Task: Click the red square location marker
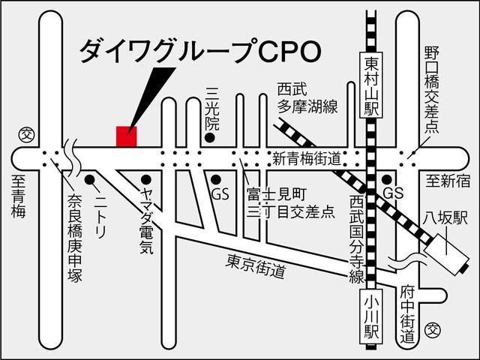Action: [x=127, y=136]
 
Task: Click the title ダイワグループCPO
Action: [x=201, y=50]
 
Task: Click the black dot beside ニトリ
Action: [x=90, y=179]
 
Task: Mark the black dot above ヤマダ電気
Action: [x=146, y=179]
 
